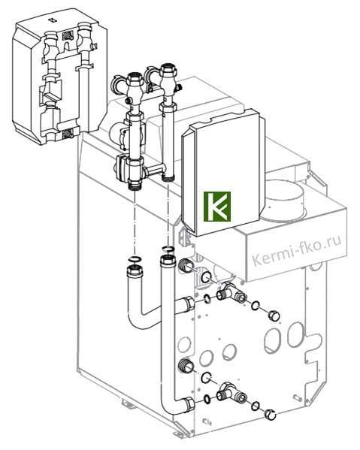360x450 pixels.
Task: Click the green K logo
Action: (217, 207)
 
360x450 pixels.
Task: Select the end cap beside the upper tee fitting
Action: (274, 316)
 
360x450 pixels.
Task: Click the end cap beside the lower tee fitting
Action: (271, 414)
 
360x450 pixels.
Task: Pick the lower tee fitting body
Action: (232, 392)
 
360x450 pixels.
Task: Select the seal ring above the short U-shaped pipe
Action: (135, 259)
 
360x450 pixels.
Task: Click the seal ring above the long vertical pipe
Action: (168, 248)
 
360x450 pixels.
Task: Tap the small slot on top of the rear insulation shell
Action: (53, 20)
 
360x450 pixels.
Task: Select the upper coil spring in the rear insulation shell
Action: (68, 35)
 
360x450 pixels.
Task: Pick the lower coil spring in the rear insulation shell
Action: (68, 134)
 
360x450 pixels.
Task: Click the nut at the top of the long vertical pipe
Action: (167, 261)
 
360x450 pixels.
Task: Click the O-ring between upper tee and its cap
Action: (256, 306)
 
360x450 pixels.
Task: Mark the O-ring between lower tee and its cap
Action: (256, 405)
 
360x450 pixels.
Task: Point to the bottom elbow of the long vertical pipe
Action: (171, 408)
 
